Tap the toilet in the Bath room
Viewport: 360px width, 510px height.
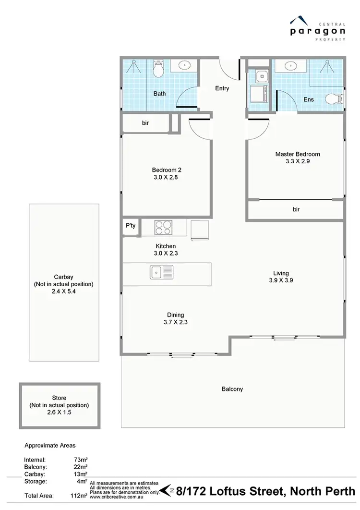(x=159, y=70)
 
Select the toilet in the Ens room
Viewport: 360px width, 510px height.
(x=333, y=99)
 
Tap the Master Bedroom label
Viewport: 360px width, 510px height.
(x=297, y=154)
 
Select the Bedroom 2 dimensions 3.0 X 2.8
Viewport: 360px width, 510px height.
(x=166, y=177)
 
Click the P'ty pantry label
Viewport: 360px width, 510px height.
(x=130, y=225)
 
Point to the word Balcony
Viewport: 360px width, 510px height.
(x=232, y=389)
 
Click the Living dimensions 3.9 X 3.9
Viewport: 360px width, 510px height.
(x=280, y=280)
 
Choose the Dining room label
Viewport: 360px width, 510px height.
(x=175, y=315)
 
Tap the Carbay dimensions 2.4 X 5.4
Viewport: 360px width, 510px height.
(x=64, y=291)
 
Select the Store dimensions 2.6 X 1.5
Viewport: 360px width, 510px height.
(x=60, y=412)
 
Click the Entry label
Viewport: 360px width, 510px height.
(x=222, y=88)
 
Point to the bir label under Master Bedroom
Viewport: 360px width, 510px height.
(x=296, y=209)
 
